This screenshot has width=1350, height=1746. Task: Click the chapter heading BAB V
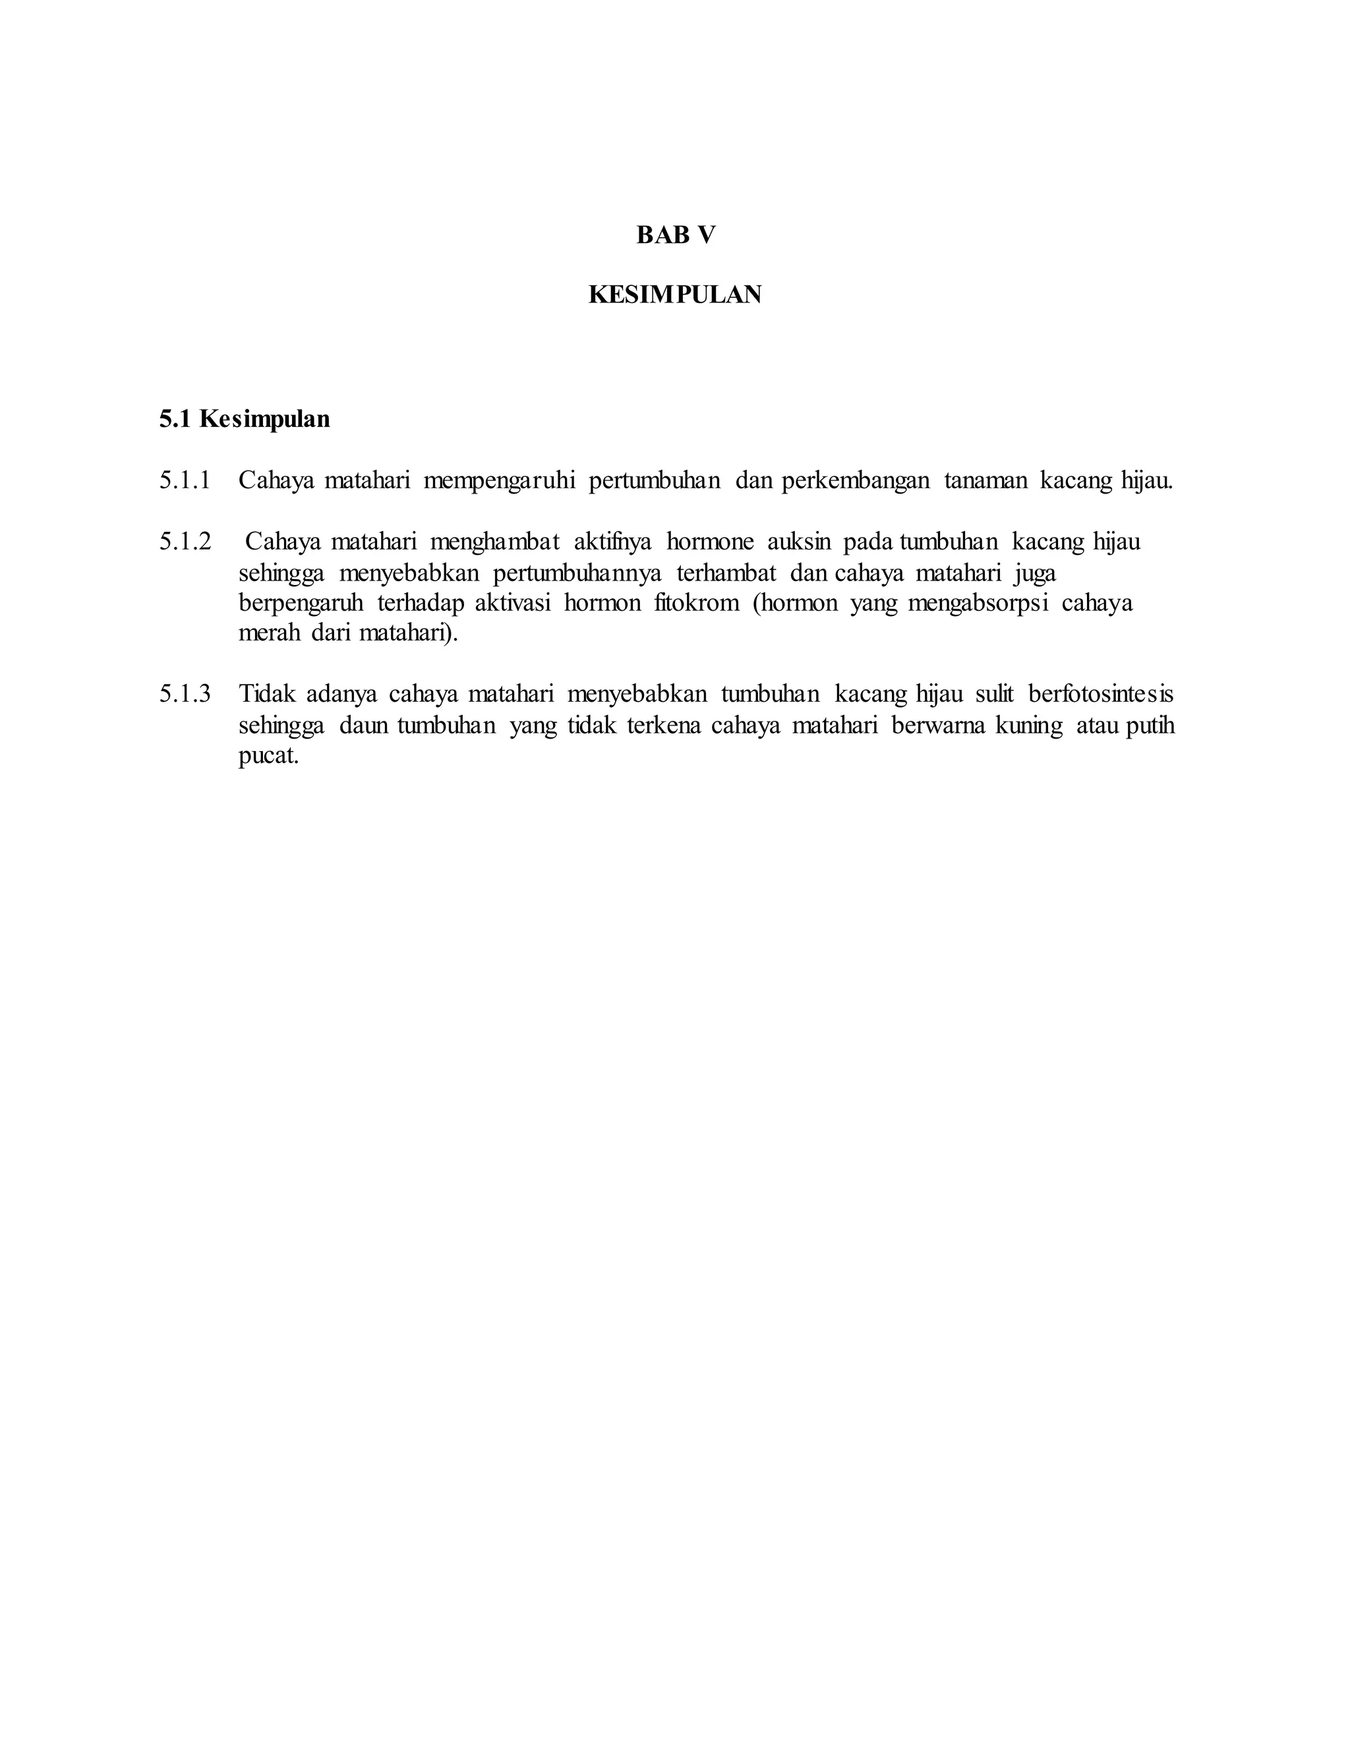676,235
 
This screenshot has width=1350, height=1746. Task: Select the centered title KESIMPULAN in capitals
675,295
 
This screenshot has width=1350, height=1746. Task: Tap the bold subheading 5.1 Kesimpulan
244,419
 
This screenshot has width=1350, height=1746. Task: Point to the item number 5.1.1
185,480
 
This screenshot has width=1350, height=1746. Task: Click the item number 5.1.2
185,542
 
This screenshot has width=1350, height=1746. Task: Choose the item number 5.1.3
185,694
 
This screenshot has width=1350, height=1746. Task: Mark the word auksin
799,542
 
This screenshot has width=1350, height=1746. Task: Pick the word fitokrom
697,603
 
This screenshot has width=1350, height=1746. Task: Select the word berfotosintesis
1100,694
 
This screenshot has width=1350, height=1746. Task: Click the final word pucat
268,756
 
